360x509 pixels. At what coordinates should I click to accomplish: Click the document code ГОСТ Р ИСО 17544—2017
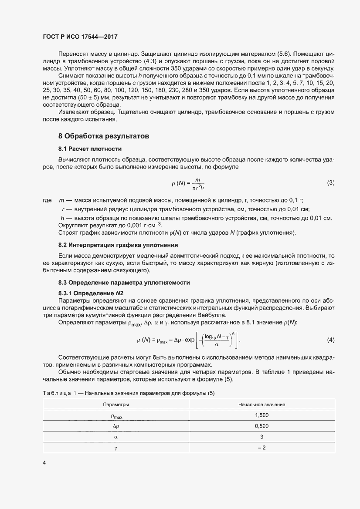[81, 37]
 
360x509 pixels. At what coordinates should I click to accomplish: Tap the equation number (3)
[330, 183]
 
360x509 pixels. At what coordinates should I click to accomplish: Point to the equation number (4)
[330, 339]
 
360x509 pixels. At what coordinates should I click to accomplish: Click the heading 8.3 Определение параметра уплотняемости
[124, 282]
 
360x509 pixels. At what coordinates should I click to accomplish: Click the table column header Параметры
[115, 405]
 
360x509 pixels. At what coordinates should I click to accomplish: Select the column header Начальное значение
[262, 405]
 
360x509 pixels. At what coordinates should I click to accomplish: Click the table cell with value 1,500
[262, 415]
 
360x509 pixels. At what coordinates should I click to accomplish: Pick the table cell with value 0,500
[262, 426]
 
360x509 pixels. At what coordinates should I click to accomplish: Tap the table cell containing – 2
[262, 447]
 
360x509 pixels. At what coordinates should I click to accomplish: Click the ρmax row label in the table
[115, 416]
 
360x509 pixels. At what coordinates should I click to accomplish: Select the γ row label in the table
[115, 447]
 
